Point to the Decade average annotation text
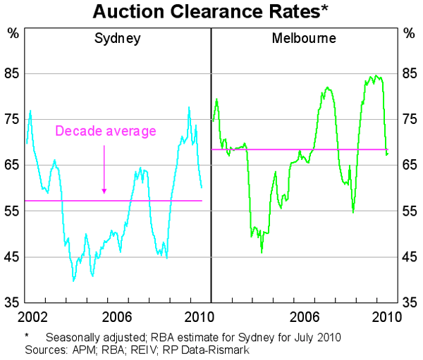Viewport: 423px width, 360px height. [x=105, y=131]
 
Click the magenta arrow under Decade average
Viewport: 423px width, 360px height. [x=104, y=169]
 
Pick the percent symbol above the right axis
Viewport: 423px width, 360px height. [x=409, y=32]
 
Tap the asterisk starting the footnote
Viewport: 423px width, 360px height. [x=27, y=336]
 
